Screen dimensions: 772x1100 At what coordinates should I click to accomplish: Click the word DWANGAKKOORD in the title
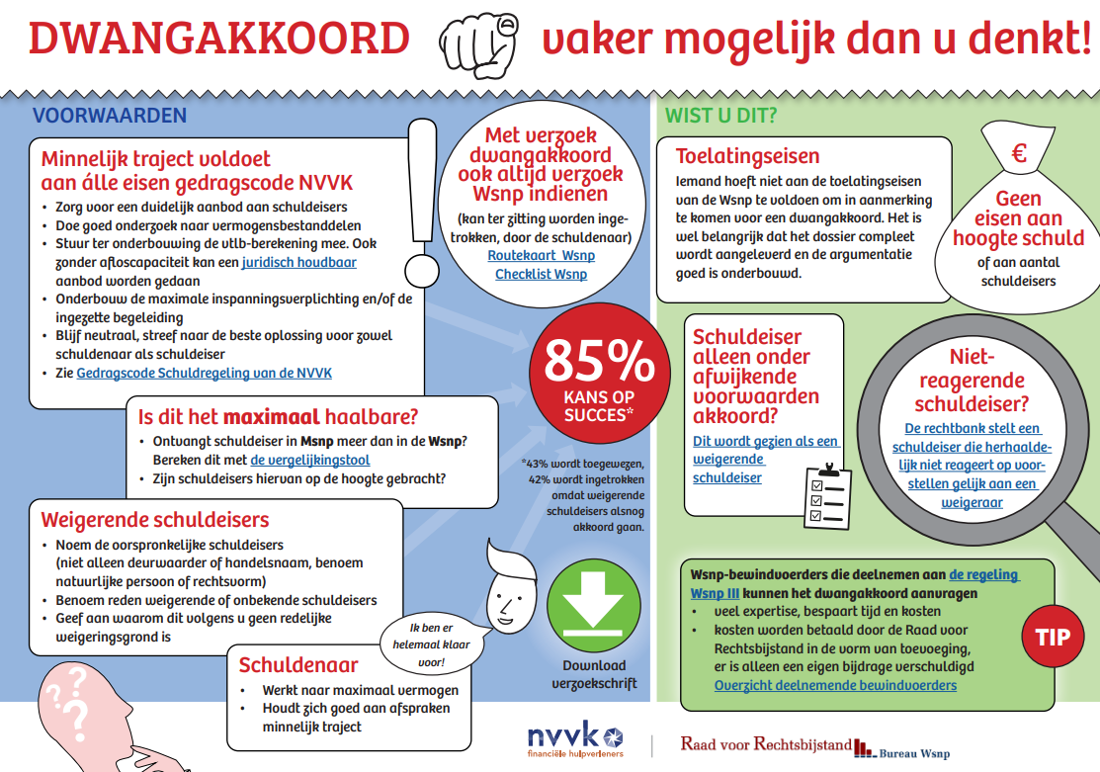point(218,40)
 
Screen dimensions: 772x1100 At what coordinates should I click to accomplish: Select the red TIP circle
point(1053,637)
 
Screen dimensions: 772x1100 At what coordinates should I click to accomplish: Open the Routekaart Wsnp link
point(541,255)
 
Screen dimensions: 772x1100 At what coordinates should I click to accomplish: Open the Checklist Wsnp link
point(541,274)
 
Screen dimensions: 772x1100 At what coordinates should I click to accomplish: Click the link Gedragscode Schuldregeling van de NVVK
point(205,373)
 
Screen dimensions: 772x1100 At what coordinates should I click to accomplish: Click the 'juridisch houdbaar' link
point(298,262)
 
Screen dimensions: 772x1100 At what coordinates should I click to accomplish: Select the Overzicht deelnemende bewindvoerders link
point(835,685)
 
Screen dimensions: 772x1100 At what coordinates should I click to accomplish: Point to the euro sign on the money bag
point(1019,154)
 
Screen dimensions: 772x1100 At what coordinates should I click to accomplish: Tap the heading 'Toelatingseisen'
point(747,156)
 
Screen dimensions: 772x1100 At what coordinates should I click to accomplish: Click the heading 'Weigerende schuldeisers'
point(155,520)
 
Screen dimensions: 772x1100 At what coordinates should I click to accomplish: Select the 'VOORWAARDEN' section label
point(110,116)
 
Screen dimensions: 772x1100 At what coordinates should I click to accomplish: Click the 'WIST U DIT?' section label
point(720,116)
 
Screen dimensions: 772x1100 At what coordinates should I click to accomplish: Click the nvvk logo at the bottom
point(575,739)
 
